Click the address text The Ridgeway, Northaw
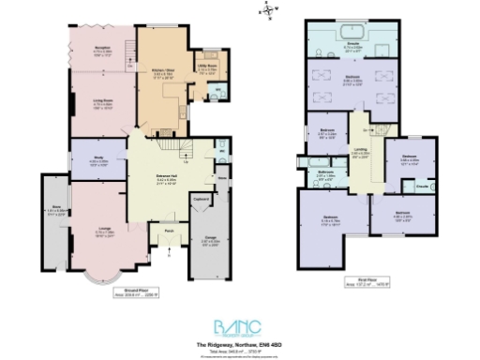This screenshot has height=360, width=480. pyautogui.click(x=241, y=344)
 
